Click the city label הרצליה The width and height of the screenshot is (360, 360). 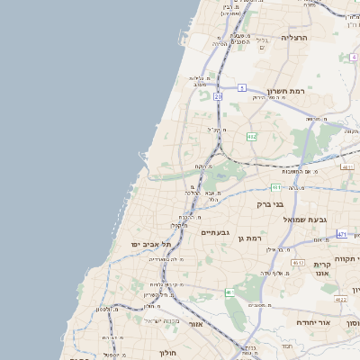(294, 38)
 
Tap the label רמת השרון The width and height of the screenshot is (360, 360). (287, 92)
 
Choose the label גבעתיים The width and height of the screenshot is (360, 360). (217, 232)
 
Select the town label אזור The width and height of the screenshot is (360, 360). (196, 322)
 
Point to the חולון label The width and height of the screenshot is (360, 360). (169, 353)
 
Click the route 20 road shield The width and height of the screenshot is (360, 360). (218, 95)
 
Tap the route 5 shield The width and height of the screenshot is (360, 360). (241, 87)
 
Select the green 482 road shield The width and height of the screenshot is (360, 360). (251, 137)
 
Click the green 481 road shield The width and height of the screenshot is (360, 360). (275, 187)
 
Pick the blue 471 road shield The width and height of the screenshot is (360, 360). (342, 234)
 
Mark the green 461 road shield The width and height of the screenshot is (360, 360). (229, 292)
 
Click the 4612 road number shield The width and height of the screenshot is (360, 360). (347, 166)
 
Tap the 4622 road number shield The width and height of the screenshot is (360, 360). (340, 299)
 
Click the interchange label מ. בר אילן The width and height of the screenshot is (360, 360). (282, 249)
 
